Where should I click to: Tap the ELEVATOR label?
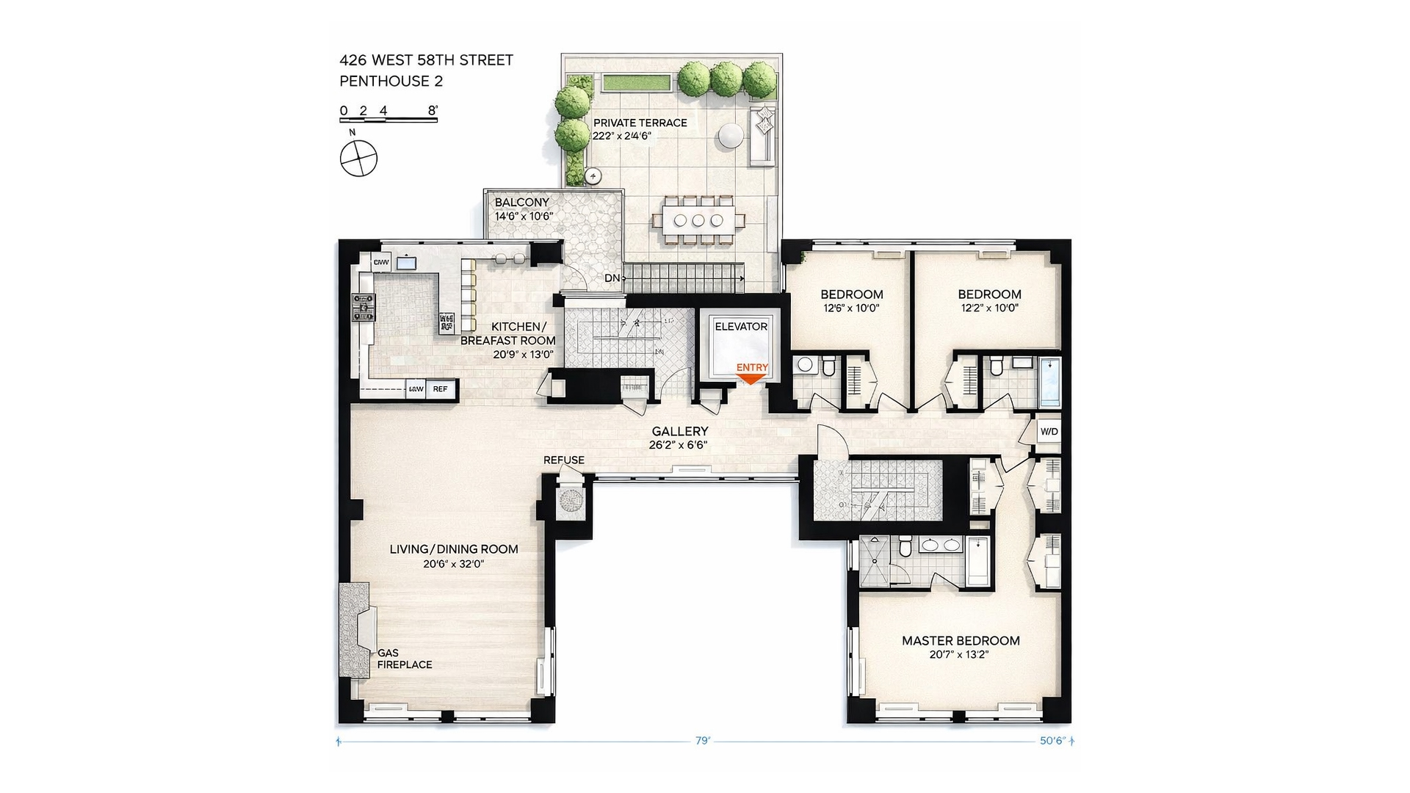[x=741, y=327]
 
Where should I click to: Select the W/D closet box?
[x=1049, y=431]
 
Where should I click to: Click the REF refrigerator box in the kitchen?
[x=441, y=389]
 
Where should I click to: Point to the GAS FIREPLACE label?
[x=404, y=659]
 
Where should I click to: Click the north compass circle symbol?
[x=358, y=159]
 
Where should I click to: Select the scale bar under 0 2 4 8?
[x=388, y=120]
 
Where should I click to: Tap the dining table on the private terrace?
[x=698, y=220]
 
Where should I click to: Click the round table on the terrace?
[x=731, y=135]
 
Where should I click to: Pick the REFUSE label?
[x=564, y=460]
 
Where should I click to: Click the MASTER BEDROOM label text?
[x=961, y=641]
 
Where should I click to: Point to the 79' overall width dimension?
[x=703, y=741]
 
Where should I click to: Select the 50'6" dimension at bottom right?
[x=1052, y=741]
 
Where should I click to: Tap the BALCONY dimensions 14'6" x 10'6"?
[x=524, y=217]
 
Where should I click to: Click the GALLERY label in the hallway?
[x=680, y=432]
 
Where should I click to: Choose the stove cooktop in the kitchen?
[x=364, y=308]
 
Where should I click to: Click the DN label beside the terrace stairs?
[x=612, y=278]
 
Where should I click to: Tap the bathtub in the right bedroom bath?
[x=1050, y=382]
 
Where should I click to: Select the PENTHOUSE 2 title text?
[x=391, y=82]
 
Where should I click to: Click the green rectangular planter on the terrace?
[x=637, y=82]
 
